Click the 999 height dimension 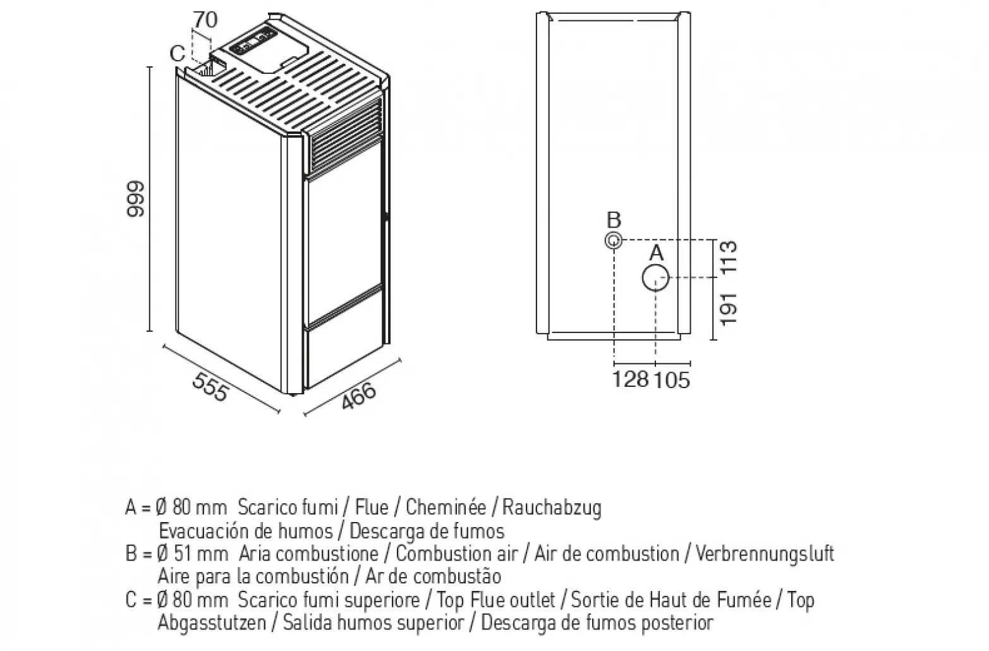pos(136,199)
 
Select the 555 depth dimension pos(209,386)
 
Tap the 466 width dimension pos(358,396)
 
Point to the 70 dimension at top pos(205,20)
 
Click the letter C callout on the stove pos(178,54)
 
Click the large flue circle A pos(656,277)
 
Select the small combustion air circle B pos(614,241)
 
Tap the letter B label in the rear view pos(614,221)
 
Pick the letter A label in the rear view pos(657,253)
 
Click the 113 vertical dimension pos(729,257)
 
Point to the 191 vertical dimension pos(729,308)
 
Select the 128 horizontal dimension pos(631,379)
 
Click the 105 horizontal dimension pos(672,379)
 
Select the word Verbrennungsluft pos(765,554)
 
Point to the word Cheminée pos(446,507)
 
